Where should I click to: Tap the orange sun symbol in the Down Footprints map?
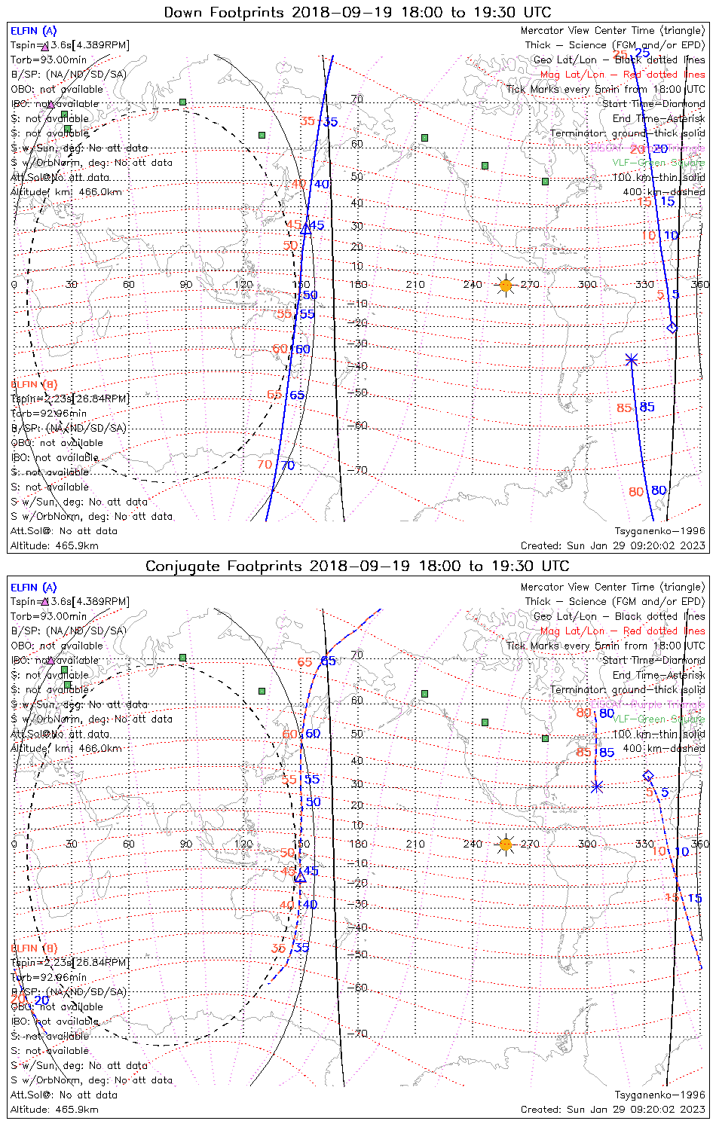[x=506, y=286]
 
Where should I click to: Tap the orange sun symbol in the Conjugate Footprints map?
[x=506, y=844]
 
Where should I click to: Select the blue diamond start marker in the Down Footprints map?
[x=672, y=328]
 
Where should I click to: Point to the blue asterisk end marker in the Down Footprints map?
[x=632, y=360]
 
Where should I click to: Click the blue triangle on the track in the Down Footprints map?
[x=306, y=229]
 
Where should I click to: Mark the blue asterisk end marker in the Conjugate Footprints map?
[x=597, y=786]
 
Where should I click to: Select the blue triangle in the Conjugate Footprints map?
[x=300, y=876]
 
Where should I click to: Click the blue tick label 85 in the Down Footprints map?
[x=647, y=408]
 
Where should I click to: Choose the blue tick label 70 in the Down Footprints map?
[x=288, y=466]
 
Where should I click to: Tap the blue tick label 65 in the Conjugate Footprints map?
[x=329, y=661]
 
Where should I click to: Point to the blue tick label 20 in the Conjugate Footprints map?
[x=41, y=1000]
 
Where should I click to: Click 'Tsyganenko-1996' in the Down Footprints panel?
[x=659, y=531]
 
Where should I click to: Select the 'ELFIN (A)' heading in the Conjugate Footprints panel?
[x=33, y=588]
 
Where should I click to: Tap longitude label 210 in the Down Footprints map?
[x=415, y=285]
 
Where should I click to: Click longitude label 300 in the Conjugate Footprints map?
[x=587, y=844]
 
